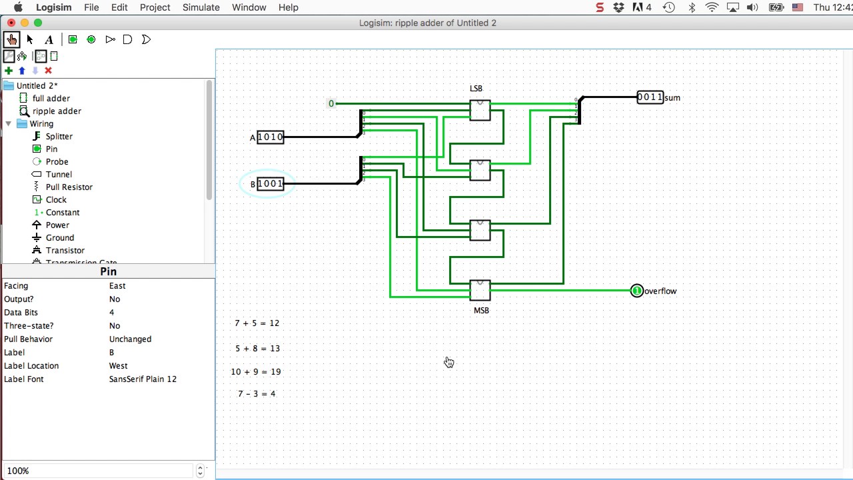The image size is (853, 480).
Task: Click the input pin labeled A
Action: click(x=270, y=137)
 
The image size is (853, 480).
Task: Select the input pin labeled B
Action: click(x=270, y=184)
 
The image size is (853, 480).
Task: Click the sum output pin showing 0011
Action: click(x=650, y=97)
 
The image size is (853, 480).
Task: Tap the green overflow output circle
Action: click(x=636, y=291)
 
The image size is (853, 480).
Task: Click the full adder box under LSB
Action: click(x=480, y=110)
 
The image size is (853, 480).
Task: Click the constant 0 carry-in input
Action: click(x=331, y=103)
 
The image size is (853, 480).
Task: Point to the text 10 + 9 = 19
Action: click(x=256, y=372)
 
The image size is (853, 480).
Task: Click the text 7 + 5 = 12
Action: click(x=257, y=323)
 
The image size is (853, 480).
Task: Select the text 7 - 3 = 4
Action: click(x=257, y=394)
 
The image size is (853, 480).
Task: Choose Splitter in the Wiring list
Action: click(x=59, y=136)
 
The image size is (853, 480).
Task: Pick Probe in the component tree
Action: click(x=57, y=161)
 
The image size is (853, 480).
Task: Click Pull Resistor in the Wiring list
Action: click(x=69, y=187)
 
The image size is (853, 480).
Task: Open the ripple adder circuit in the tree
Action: click(x=57, y=111)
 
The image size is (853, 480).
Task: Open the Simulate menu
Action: click(x=201, y=7)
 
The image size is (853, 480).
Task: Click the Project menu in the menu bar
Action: click(x=155, y=7)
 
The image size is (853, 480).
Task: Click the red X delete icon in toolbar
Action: click(x=48, y=71)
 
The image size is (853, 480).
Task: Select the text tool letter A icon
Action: click(x=49, y=39)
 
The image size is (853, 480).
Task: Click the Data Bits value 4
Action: click(x=111, y=312)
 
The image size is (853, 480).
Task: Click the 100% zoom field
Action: click(x=100, y=471)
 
